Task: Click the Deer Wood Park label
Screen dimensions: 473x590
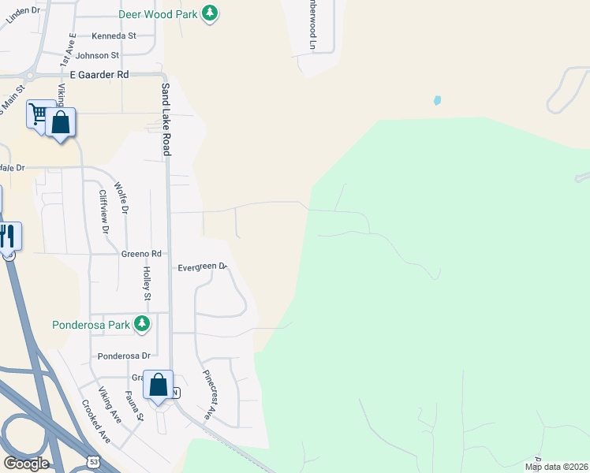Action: pos(157,14)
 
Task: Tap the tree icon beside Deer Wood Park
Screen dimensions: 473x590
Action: pos(209,13)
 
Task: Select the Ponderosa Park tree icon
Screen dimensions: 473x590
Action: pos(142,323)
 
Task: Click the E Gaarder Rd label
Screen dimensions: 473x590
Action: pos(99,74)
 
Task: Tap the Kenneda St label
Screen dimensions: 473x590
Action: pos(114,36)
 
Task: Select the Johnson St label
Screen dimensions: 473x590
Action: pos(98,56)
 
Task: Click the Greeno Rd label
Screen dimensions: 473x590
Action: pos(141,254)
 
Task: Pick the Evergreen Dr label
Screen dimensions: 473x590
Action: pos(202,267)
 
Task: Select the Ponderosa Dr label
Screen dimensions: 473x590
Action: pos(124,356)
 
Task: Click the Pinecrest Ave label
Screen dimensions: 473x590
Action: pos(209,394)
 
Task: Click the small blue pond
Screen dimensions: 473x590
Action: pos(437,101)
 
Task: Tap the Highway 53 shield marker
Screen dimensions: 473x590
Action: pos(94,460)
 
